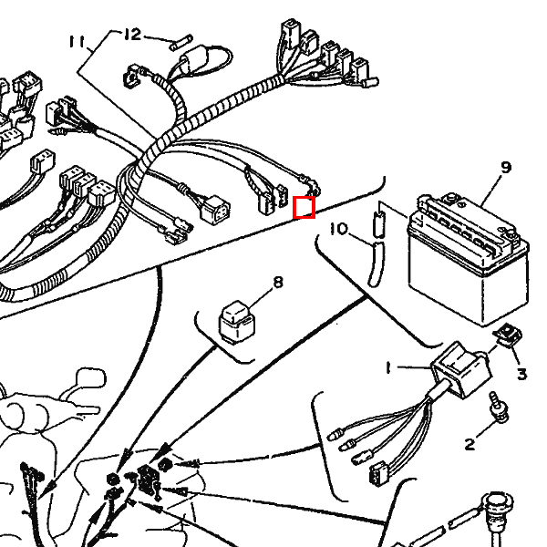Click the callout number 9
(x=506, y=167)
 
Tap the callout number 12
(x=133, y=35)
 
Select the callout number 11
(x=77, y=42)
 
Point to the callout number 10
(x=338, y=229)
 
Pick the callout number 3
(x=521, y=374)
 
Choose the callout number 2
(x=470, y=444)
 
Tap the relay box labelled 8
(x=237, y=321)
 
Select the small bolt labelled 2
(x=499, y=406)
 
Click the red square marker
(x=304, y=208)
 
